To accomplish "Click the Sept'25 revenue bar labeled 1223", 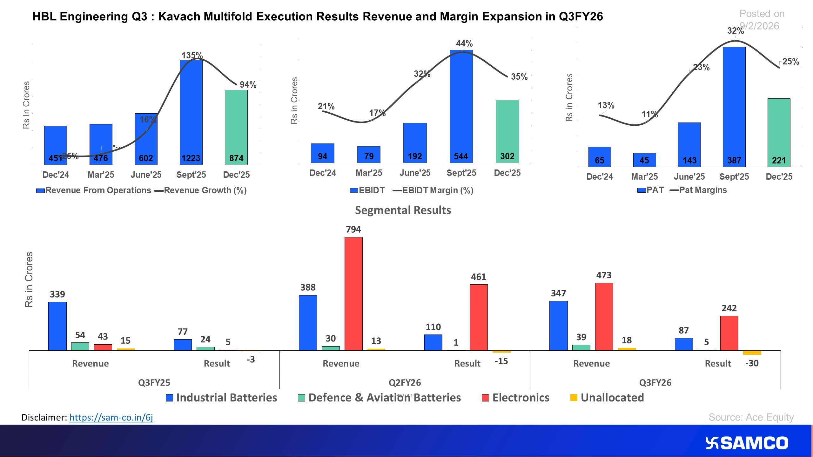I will point(191,111).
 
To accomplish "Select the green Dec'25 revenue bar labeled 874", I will point(236,127).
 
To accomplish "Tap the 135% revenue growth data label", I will point(192,56).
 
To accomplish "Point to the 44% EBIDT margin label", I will point(464,43).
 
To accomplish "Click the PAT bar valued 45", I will point(644,160).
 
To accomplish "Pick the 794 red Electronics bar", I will point(353,294).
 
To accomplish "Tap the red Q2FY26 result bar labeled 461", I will point(478,317).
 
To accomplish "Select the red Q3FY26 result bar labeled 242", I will point(729,333).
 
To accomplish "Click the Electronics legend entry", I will point(516,398).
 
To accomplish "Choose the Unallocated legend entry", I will point(607,398).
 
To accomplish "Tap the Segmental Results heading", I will point(403,210).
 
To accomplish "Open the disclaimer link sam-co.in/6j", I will point(111,417).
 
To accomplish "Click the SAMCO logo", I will point(746,443).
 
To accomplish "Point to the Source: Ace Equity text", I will point(751,417).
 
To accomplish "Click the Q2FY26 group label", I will point(405,382).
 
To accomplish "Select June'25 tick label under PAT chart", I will point(689,176).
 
